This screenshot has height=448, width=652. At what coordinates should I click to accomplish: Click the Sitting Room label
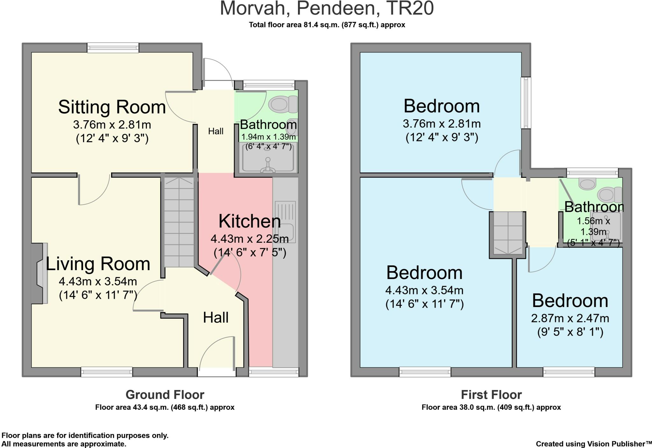(112, 107)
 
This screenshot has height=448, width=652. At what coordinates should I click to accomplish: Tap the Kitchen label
(250, 221)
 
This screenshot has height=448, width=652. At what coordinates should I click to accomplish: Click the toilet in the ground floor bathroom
(283, 104)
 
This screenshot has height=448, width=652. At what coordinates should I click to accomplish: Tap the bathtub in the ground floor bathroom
(269, 158)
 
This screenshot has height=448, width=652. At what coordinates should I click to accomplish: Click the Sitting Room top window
(113, 48)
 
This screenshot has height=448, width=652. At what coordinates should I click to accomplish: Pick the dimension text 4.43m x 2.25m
(250, 239)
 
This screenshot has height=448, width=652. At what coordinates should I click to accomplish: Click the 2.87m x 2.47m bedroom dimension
(570, 318)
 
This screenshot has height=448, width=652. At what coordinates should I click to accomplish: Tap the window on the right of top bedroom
(526, 103)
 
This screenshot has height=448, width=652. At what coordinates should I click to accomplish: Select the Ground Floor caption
(165, 395)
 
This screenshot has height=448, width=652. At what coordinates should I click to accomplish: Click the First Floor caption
(491, 395)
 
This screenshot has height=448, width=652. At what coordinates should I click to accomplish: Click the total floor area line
(327, 25)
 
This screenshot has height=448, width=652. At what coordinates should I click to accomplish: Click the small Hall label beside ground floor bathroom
(216, 131)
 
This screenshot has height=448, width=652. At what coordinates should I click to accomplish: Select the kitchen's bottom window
(274, 372)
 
